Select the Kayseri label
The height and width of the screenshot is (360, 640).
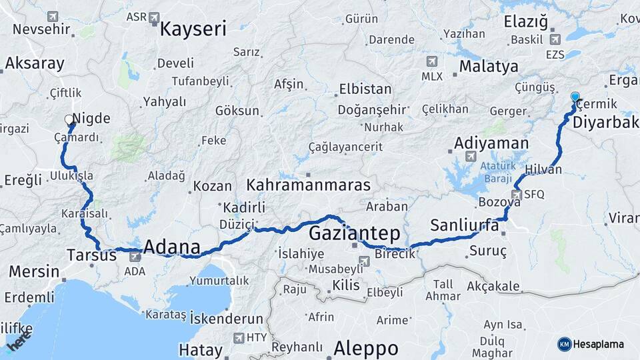coord(193,29)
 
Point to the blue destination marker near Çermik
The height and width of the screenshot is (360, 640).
coord(575,98)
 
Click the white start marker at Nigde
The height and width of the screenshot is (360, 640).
coord(69,120)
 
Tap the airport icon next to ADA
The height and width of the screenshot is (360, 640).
coord(135,255)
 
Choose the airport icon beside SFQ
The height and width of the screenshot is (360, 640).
coord(516,195)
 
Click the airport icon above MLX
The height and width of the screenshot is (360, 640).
coord(432,61)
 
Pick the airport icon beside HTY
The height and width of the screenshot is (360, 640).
coord(238,337)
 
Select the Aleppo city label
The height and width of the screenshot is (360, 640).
coord(365,347)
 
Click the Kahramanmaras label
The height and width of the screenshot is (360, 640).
coord(309,184)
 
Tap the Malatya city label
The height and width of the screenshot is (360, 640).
coord(489,66)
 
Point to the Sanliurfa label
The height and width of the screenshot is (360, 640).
coord(465,225)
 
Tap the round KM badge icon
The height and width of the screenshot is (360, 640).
coord(564,344)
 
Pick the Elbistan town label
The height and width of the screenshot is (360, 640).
coord(365,89)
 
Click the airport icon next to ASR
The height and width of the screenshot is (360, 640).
coord(155,17)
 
